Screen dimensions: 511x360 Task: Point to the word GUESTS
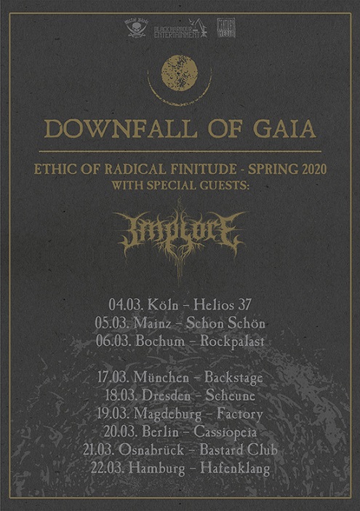(225, 186)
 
